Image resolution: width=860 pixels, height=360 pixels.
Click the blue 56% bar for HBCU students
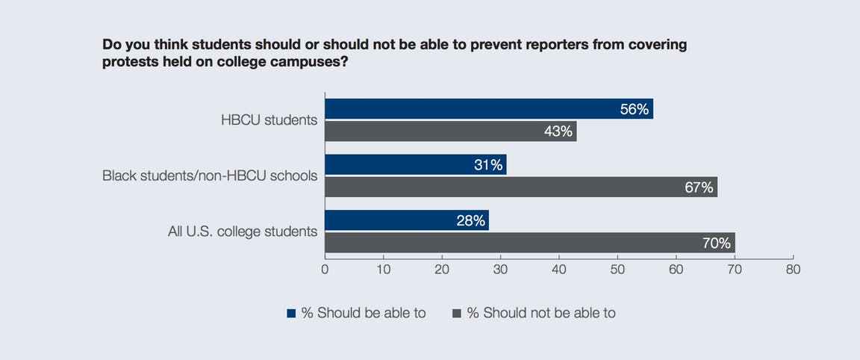tap(489, 108)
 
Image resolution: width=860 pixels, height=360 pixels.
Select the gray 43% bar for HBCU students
tap(451, 131)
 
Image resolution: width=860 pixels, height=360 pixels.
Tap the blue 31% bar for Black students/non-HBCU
tap(416, 164)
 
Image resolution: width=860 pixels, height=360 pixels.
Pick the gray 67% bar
tap(521, 187)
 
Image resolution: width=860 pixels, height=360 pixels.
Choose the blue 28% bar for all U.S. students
tap(407, 220)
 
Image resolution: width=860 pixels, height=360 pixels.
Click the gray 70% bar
tap(530, 243)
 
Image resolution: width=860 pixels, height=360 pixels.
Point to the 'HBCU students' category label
tap(269, 120)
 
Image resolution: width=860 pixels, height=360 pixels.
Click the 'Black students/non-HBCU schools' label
tap(210, 176)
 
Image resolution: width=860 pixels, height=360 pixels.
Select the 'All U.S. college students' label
tap(243, 232)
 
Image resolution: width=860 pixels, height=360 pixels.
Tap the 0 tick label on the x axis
tap(325, 270)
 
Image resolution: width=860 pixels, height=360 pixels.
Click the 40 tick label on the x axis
tap(559, 270)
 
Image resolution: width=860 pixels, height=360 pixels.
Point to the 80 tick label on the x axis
tap(793, 270)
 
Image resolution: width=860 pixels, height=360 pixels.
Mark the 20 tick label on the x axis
tap(442, 270)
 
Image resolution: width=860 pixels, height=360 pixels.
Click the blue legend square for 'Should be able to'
tap(291, 314)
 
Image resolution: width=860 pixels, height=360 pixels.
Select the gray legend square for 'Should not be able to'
tap(457, 314)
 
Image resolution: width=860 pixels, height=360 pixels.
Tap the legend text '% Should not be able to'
tap(541, 314)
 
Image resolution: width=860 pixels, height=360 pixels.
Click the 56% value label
tap(635, 109)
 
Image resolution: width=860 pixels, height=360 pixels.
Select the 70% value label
tap(717, 243)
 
